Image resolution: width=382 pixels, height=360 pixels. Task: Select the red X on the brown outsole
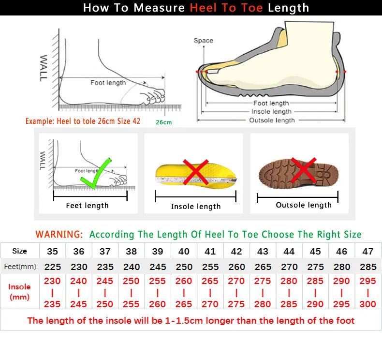[304, 171]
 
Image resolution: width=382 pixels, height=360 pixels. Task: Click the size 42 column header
[236, 252]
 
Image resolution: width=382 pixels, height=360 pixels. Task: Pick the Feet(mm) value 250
[184, 267]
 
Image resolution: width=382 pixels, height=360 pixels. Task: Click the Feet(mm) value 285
[368, 267]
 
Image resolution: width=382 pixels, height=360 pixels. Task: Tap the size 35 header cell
[52, 252]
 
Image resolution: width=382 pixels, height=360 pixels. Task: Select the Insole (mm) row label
[19, 292]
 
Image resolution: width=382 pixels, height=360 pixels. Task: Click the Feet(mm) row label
[20, 267]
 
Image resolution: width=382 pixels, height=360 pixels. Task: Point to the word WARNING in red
[59, 235]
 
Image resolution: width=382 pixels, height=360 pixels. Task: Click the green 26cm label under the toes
[163, 122]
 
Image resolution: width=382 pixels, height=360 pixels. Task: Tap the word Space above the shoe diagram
[203, 41]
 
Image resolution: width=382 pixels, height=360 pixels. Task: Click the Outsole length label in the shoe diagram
[272, 120]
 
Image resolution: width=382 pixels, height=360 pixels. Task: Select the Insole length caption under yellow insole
[195, 207]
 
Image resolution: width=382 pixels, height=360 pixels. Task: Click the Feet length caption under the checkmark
[87, 206]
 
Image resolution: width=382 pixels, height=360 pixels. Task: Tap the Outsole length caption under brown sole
[304, 205]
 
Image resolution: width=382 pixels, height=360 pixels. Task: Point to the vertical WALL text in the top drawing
[44, 68]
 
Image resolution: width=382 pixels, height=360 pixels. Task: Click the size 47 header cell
[368, 252]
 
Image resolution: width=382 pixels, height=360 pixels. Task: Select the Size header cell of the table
[19, 251]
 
